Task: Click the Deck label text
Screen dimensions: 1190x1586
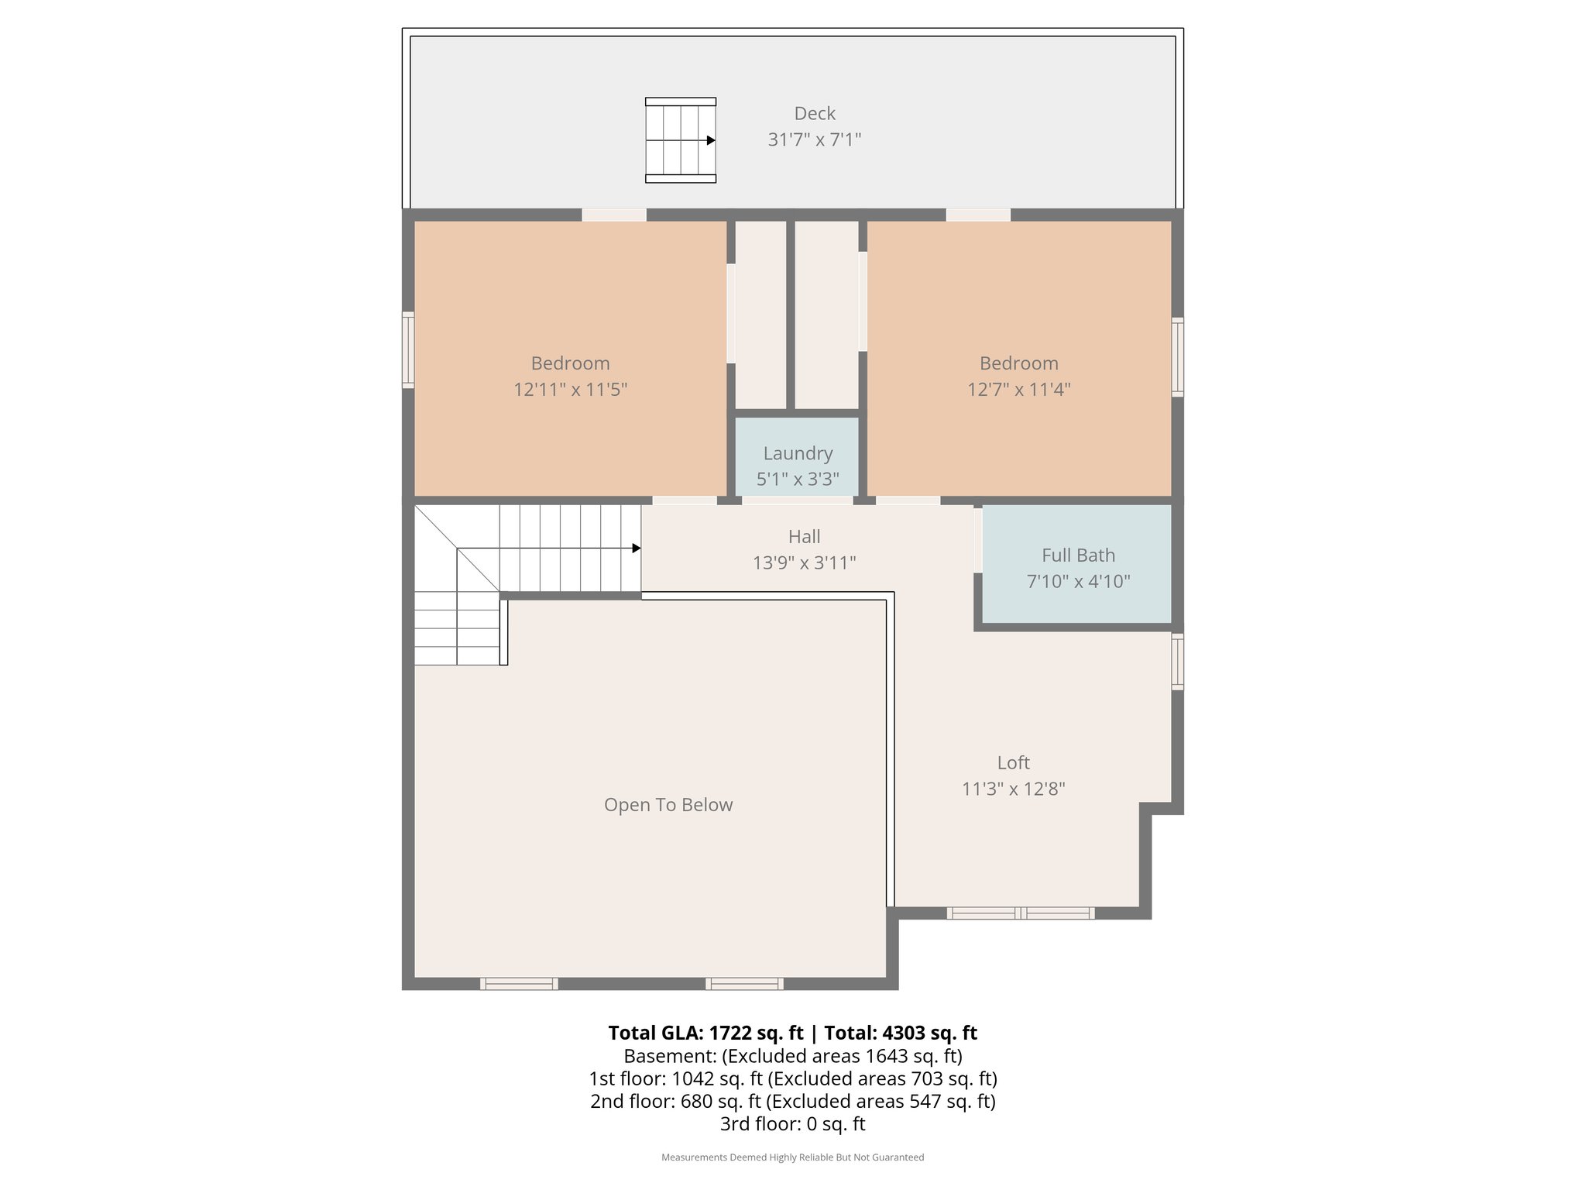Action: [x=815, y=114]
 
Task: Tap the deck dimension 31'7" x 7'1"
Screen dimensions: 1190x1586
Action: [x=814, y=139]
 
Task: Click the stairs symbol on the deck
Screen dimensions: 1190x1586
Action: [x=680, y=140]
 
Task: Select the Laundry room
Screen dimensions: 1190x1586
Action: [x=797, y=457]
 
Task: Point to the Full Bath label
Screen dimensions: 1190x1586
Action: [x=1078, y=555]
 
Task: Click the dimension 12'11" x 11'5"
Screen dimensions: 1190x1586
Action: [x=570, y=389]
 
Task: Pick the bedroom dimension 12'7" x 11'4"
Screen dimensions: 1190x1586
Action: [x=1018, y=389]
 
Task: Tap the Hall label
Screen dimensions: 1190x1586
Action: [x=804, y=537]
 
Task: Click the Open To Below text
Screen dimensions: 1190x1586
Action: [x=668, y=805]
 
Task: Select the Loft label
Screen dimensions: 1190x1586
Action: [x=1013, y=763]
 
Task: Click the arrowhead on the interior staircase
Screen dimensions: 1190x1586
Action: [x=637, y=549]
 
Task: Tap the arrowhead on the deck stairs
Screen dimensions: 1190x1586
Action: [x=711, y=141]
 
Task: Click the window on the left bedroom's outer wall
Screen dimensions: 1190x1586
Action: [x=407, y=349]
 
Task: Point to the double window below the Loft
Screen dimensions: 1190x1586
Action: [x=1020, y=913]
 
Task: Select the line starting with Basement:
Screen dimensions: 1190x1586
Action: [x=792, y=1056]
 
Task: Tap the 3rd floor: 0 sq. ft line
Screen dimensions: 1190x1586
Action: [x=792, y=1123]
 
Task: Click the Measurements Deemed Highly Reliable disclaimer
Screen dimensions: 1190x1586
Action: [x=792, y=1157]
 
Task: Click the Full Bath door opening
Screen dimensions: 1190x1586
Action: [x=978, y=540]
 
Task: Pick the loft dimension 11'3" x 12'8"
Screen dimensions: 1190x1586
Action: [x=1013, y=789]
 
